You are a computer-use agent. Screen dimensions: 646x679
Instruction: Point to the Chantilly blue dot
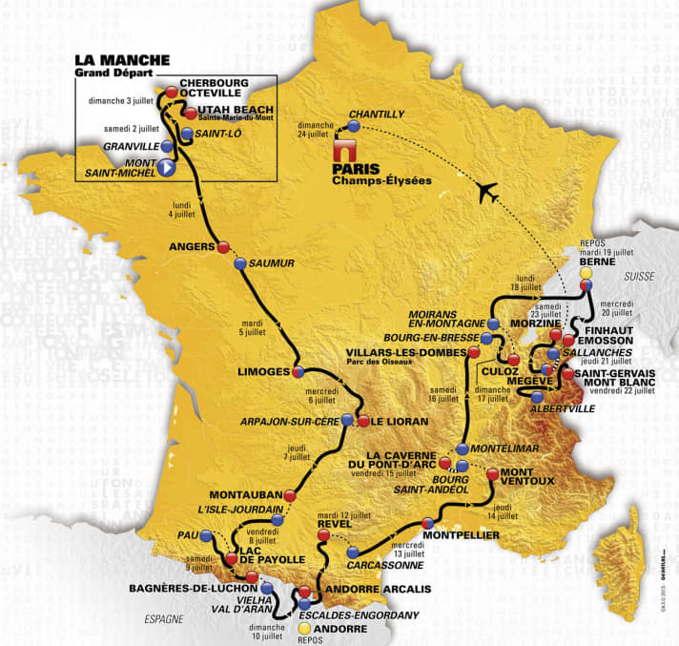click(354, 126)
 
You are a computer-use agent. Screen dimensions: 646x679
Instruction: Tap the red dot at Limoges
click(298, 371)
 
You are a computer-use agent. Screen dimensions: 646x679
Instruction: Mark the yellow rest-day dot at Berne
click(585, 272)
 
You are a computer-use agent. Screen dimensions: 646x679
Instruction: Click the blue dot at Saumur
click(240, 262)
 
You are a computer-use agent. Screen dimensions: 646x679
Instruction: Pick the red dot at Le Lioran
click(362, 421)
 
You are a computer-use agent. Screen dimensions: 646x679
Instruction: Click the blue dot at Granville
click(168, 147)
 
